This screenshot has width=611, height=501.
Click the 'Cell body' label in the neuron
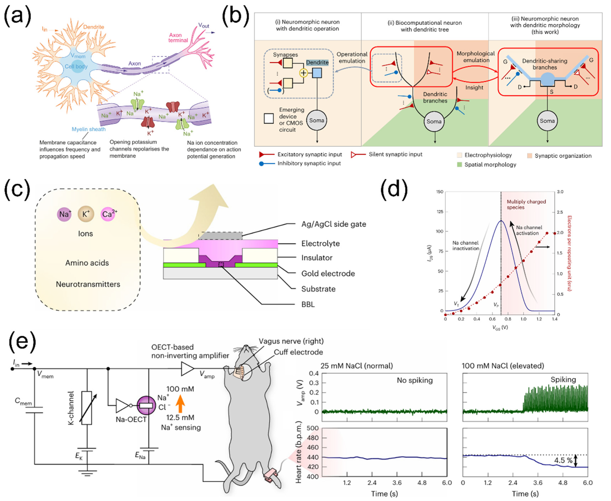[76, 66]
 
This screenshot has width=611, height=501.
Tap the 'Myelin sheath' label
[89, 129]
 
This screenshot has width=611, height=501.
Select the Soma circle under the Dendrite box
[317, 120]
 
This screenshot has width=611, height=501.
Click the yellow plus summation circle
[303, 73]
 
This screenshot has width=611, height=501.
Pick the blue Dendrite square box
[317, 73]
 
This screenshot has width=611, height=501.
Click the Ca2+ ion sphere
[108, 214]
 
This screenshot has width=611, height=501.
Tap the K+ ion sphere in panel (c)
[86, 214]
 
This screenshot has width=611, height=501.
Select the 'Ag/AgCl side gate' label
[334, 224]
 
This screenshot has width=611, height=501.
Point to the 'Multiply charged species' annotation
[526, 204]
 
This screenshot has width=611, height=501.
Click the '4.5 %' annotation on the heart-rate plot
[563, 460]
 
